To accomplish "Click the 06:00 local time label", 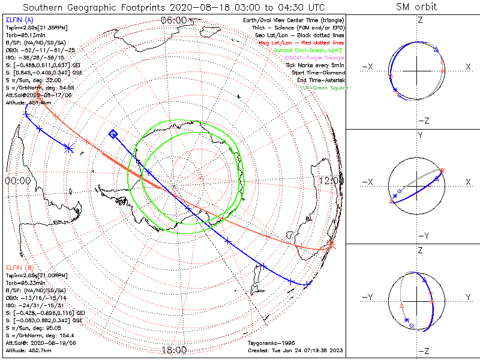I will tap(173, 20).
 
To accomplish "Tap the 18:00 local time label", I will tap(173, 350).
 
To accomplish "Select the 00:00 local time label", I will tap(17, 180).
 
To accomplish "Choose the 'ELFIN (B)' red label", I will tap(20, 266).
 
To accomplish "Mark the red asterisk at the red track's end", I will tap(331, 244).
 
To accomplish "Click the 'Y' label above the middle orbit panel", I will tap(419, 136).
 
